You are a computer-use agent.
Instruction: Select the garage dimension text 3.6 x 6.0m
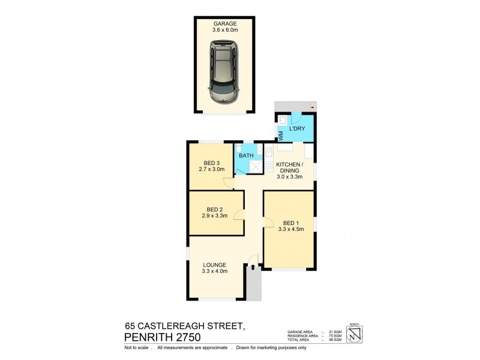coord(224,30)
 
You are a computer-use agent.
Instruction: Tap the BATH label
coord(246,157)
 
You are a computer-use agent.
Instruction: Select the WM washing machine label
coord(280,135)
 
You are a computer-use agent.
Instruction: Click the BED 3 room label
coord(211,163)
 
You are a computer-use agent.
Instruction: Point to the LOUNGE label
coord(214,265)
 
